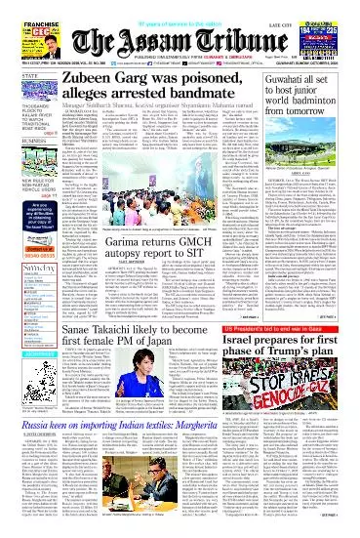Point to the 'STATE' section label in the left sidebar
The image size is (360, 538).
(14, 72)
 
